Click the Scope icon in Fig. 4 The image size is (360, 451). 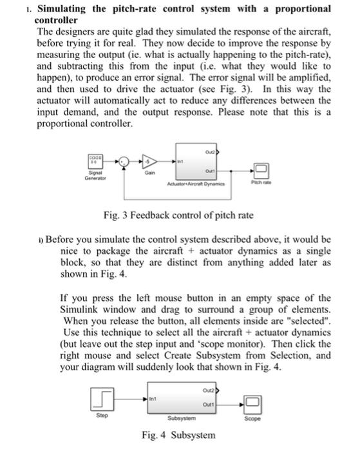click(252, 403)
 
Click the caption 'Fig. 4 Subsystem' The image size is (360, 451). click(178, 435)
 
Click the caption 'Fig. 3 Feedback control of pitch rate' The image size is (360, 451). click(178, 213)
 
